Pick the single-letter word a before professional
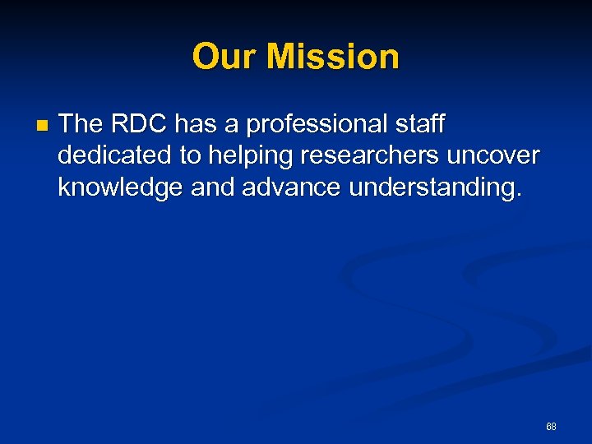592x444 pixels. click(x=234, y=124)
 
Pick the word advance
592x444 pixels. click(x=291, y=188)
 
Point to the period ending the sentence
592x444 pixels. click(x=517, y=196)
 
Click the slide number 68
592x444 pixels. click(x=551, y=426)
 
